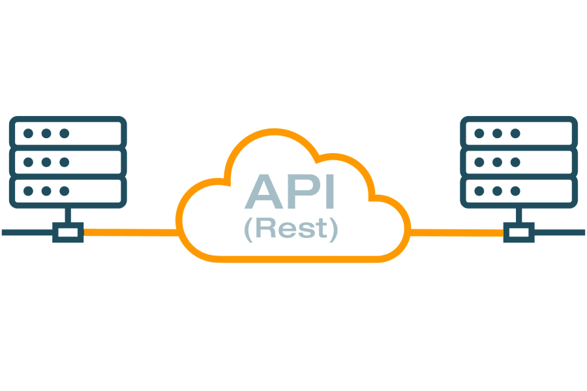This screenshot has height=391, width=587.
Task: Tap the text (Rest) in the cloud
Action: pos(291,229)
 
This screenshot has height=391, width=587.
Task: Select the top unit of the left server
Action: pos(68,133)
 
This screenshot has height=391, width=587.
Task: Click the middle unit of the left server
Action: pos(68,162)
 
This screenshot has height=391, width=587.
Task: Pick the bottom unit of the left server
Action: pos(68,190)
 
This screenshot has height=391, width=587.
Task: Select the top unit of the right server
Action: pos(519,133)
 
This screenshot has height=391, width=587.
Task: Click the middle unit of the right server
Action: pos(519,162)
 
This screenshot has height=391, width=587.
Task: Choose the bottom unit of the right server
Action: pos(519,190)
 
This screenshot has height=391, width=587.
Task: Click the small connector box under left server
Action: pos(68,232)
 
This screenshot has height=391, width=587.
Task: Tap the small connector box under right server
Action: pos(519,232)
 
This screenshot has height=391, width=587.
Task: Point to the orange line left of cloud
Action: pos(130,231)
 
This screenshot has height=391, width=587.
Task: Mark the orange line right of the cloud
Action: pos(457,231)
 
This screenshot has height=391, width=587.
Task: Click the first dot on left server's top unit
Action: pos(28,133)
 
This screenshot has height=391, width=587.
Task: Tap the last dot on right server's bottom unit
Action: pos(515,190)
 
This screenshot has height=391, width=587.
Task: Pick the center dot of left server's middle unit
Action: pos(46,162)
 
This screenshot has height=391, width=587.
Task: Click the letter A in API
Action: pos(263,190)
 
